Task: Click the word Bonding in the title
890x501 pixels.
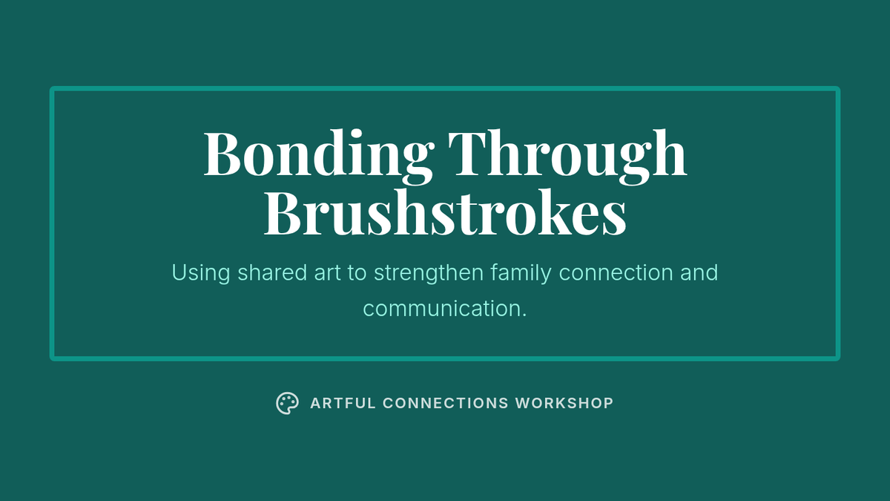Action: click(318, 156)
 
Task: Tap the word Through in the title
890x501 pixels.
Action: click(567, 156)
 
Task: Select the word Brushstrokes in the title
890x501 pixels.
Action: click(445, 213)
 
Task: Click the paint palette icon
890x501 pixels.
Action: click(287, 403)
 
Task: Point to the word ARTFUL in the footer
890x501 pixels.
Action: click(343, 403)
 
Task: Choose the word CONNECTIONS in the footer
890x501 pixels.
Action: click(446, 403)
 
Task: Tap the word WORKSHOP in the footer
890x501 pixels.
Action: click(564, 403)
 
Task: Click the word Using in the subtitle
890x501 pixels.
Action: click(201, 273)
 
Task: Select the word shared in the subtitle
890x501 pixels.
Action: click(272, 272)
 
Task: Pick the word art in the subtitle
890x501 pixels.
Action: click(327, 273)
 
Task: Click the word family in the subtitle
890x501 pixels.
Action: click(521, 273)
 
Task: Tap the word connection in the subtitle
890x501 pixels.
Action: click(616, 273)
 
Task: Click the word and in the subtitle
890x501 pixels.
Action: click(699, 272)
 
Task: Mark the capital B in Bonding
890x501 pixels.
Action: click(222, 153)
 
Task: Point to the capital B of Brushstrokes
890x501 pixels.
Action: click(283, 213)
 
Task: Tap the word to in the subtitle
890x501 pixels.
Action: click(357, 273)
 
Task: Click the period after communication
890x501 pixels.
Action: click(524, 315)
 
